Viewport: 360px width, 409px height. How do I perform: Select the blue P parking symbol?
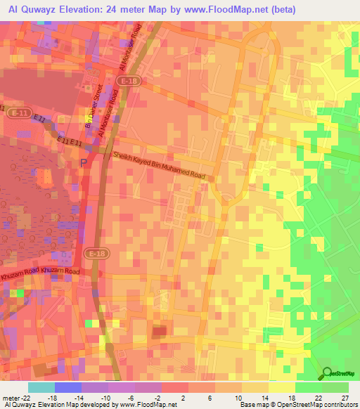click(84, 163)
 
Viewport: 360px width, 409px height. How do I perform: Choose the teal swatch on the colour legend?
click(41, 387)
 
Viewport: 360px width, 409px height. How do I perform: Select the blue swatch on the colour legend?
click(68, 387)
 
